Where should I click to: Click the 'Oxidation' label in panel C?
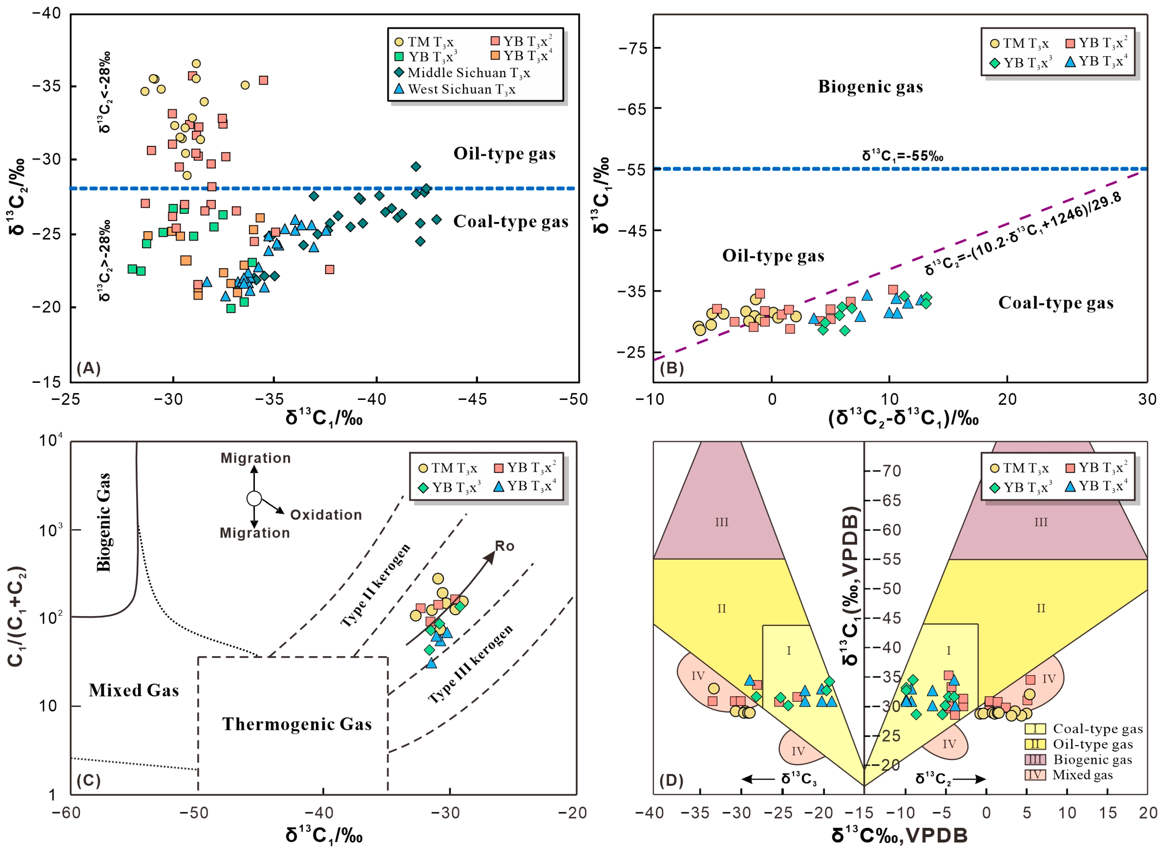[x=326, y=515]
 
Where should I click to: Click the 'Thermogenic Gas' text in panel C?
[x=297, y=724]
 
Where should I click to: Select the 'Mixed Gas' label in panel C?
[x=134, y=690]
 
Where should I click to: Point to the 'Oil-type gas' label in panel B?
[x=773, y=256]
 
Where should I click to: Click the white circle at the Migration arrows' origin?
[x=254, y=498]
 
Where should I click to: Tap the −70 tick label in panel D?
[x=886, y=471]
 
